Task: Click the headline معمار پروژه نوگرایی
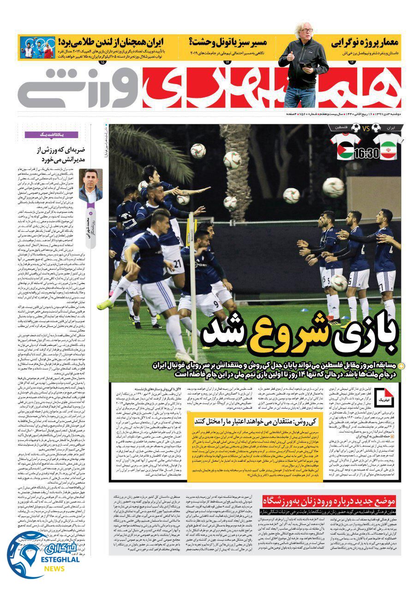pyautogui.click(x=365, y=43)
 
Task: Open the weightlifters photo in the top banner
pyautogui.click(x=36, y=48)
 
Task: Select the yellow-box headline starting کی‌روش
pyautogui.click(x=250, y=421)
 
